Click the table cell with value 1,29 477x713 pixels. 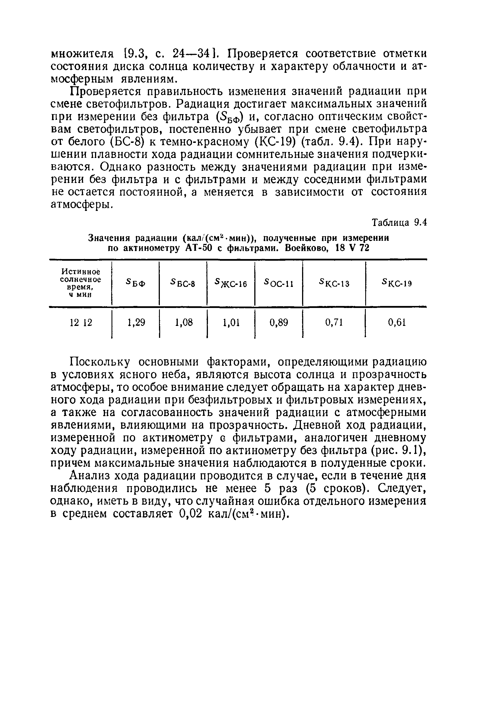[136, 322]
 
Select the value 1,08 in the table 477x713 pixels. [183, 322]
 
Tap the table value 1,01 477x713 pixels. [231, 322]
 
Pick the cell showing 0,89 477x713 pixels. [279, 322]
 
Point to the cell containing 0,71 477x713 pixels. [334, 322]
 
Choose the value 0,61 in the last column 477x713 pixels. [397, 322]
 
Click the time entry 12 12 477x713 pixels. [81, 322]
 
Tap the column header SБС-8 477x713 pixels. [183, 283]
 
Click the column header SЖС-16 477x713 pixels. [231, 283]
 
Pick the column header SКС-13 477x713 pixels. [334, 283]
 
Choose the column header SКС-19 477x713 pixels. [397, 283]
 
